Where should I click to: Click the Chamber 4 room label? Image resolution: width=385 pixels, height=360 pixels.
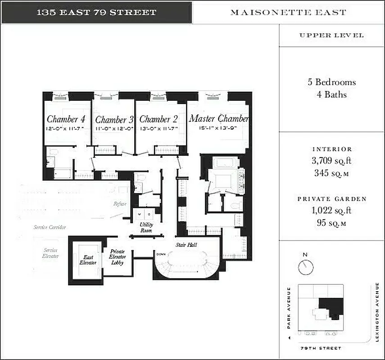click(x=66, y=119)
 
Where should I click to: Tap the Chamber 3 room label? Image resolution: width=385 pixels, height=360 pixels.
click(x=114, y=120)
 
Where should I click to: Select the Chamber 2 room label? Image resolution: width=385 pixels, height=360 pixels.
click(x=158, y=119)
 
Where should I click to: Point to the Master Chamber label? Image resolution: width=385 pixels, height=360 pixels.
click(x=218, y=119)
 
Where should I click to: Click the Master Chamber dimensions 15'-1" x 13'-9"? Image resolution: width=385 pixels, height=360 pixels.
click(x=218, y=128)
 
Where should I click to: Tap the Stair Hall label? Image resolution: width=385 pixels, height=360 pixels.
click(x=186, y=245)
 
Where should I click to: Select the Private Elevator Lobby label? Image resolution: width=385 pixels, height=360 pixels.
click(x=118, y=257)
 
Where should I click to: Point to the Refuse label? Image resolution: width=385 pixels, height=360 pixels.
click(x=120, y=204)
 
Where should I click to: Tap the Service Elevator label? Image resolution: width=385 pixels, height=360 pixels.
click(x=51, y=253)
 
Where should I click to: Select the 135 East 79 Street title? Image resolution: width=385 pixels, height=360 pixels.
click(x=96, y=12)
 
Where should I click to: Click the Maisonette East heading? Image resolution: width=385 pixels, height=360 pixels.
click(x=288, y=12)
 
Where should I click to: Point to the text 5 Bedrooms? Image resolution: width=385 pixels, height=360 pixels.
click(x=331, y=82)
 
